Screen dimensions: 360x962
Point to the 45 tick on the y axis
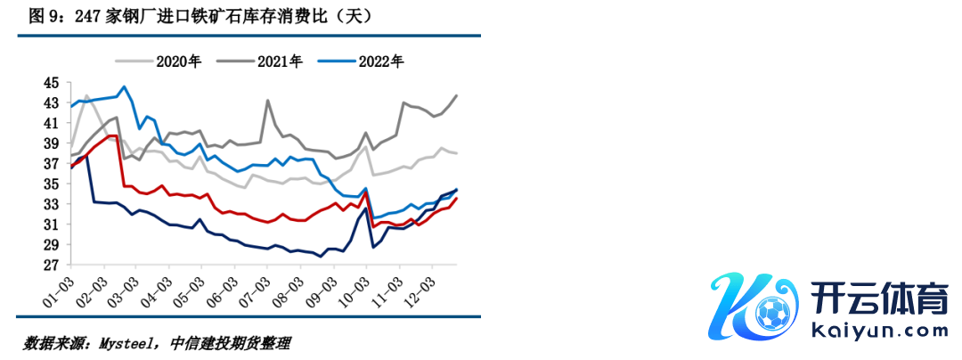[52, 83]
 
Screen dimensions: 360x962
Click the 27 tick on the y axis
[52, 266]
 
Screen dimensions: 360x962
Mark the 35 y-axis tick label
[52, 184]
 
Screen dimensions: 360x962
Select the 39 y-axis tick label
[52, 143]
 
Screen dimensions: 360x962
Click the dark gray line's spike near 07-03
[268, 101]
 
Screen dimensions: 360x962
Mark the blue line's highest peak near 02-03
[124, 86]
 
